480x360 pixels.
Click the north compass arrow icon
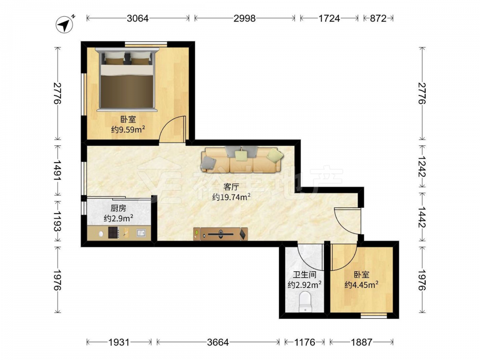65,24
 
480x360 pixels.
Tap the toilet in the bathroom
305,301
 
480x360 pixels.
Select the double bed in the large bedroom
127,79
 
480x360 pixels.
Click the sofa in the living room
242,159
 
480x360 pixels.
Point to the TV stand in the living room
220,234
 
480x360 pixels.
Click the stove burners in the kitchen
114,233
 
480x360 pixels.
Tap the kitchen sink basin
141,233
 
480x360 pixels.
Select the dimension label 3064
138,18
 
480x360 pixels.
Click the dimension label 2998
245,18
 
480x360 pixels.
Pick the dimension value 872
378,18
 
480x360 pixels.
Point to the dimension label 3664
218,342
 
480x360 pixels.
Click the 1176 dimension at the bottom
305,342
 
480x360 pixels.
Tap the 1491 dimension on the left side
58,170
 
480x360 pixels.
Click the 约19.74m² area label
232,197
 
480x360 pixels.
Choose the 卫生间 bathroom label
305,275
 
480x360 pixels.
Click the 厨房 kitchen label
118,208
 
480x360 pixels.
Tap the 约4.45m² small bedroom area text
361,285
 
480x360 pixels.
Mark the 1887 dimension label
361,342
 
